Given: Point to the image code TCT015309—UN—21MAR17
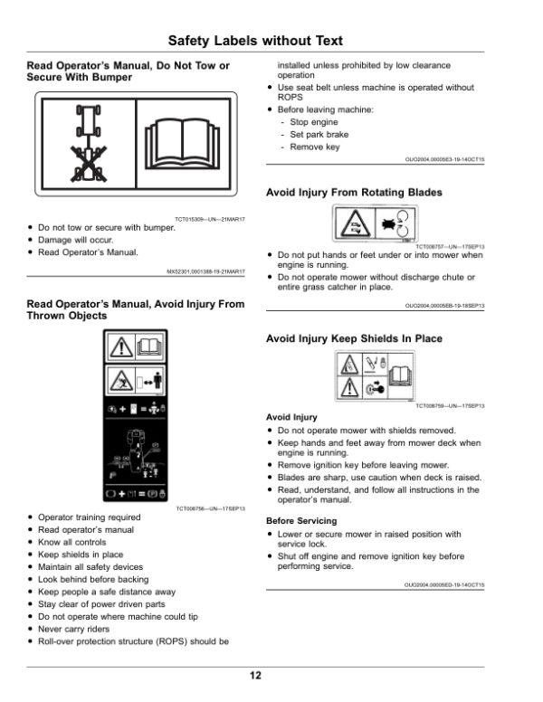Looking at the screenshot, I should pyautogui.click(x=209, y=218).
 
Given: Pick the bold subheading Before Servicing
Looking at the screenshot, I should pyautogui.click(x=301, y=521).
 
